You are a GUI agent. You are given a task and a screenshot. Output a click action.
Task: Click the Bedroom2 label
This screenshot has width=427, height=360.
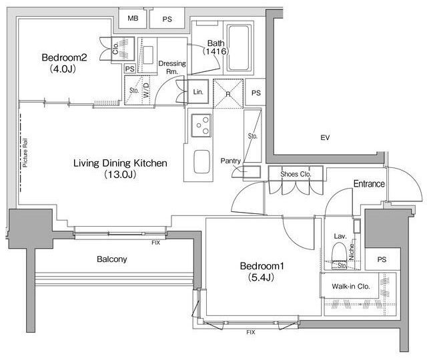[x=64, y=57]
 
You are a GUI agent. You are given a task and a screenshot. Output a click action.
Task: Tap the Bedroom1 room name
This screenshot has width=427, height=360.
[x=262, y=266]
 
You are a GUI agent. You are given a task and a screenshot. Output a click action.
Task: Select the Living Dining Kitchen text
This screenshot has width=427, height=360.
[x=120, y=163]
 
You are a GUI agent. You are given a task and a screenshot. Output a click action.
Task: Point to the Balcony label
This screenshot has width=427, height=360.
[x=112, y=259]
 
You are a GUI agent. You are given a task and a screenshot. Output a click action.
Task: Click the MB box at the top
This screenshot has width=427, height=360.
[x=133, y=18]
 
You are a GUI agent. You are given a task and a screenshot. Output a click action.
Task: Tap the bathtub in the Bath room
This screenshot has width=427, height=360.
[x=239, y=48]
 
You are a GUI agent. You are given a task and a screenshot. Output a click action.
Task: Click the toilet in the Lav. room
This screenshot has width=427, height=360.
[x=340, y=252]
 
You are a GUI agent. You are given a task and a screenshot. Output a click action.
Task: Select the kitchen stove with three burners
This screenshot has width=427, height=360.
[x=201, y=125]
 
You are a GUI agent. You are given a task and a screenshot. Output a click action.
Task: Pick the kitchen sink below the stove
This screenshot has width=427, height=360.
[x=201, y=161]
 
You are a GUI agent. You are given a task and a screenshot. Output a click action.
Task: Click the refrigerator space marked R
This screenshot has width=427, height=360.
[x=228, y=93]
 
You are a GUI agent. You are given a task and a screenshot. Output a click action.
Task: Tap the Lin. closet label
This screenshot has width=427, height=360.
[x=198, y=92]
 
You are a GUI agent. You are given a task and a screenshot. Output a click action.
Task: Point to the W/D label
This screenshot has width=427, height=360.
[x=146, y=90]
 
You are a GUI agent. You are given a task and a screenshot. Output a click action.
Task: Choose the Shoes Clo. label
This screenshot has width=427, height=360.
[x=296, y=174]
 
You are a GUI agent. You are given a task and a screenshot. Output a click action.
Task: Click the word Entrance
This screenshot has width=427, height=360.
[x=369, y=184]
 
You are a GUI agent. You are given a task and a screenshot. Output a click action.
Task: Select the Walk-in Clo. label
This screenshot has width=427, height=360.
[x=351, y=286]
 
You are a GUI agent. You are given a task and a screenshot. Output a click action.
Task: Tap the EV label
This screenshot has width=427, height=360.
[x=325, y=137]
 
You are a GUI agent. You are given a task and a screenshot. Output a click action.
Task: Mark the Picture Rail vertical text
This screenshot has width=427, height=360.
[x=25, y=153]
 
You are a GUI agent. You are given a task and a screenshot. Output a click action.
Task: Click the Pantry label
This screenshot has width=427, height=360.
[x=230, y=161]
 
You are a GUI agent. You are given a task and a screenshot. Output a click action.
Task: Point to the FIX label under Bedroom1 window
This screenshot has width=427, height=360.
[x=251, y=332]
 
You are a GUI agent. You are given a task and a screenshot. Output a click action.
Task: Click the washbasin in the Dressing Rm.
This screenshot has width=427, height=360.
[x=148, y=55]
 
